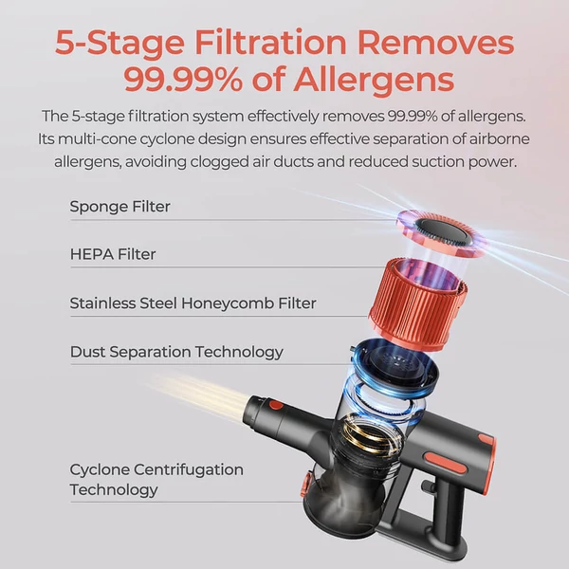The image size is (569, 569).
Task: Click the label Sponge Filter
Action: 119,207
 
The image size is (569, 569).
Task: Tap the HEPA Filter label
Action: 113,254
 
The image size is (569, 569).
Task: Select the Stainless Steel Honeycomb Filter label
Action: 193,303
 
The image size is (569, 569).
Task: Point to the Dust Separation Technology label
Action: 176,352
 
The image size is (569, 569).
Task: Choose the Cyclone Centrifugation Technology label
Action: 156,479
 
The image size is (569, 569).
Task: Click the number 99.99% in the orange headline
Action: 183,79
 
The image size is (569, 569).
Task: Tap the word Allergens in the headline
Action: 374,80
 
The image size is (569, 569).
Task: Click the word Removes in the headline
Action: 435,43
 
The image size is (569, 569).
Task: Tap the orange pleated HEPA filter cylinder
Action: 417,303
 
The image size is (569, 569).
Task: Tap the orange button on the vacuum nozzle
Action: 276,404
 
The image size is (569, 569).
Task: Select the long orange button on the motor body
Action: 446,463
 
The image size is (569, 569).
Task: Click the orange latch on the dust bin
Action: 305,485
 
